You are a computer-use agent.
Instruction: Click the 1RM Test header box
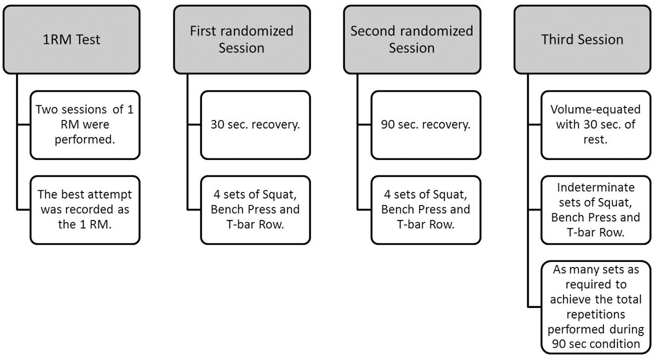point(71,39)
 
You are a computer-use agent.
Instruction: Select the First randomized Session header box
point(242,39)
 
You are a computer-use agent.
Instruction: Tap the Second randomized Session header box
point(412,39)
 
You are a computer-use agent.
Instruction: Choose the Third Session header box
point(582,39)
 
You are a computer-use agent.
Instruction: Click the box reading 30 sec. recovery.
point(255,125)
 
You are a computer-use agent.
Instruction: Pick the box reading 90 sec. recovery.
point(426,125)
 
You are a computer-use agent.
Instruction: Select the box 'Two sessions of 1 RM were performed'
point(85,125)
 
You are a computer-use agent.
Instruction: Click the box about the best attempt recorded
point(85,209)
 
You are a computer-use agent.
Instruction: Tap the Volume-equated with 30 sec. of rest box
point(595,125)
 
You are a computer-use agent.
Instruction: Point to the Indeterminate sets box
point(595,209)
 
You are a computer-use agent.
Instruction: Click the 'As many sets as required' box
point(595,307)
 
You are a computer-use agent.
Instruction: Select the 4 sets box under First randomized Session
point(255,209)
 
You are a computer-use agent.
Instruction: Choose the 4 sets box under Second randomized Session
point(426,209)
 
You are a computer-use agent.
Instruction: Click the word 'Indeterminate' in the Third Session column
point(595,187)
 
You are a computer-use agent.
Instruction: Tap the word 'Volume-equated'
point(595,109)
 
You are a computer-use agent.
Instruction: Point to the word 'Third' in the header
point(556,39)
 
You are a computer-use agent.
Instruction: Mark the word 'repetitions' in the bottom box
point(595,314)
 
